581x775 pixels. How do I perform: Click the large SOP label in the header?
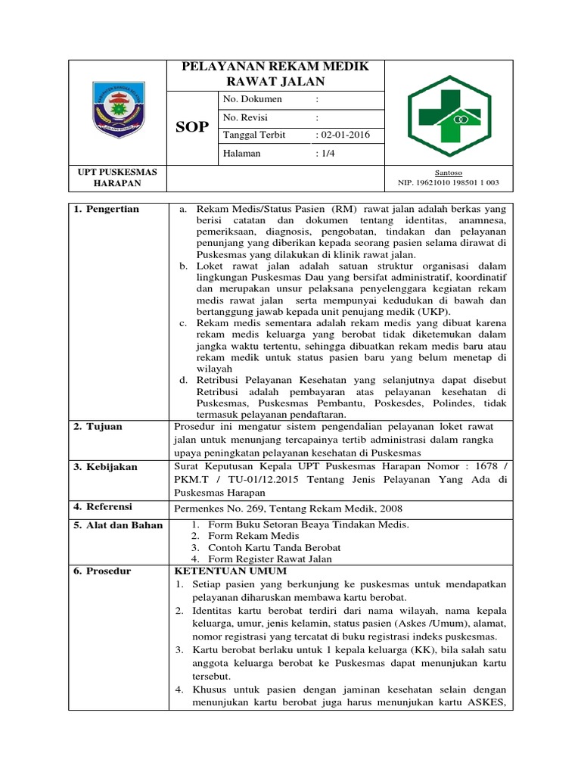pos(192,126)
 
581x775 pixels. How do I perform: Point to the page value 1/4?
pos(325,153)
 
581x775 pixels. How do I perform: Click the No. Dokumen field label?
pos(252,99)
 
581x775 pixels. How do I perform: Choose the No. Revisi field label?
pos(245,117)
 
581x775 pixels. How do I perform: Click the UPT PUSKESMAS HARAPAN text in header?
pos(118,178)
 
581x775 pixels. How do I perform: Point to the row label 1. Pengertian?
pos(107,209)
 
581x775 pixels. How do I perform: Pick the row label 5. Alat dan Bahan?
pos(118,525)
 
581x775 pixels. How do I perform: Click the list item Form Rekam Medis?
pos(244,536)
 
